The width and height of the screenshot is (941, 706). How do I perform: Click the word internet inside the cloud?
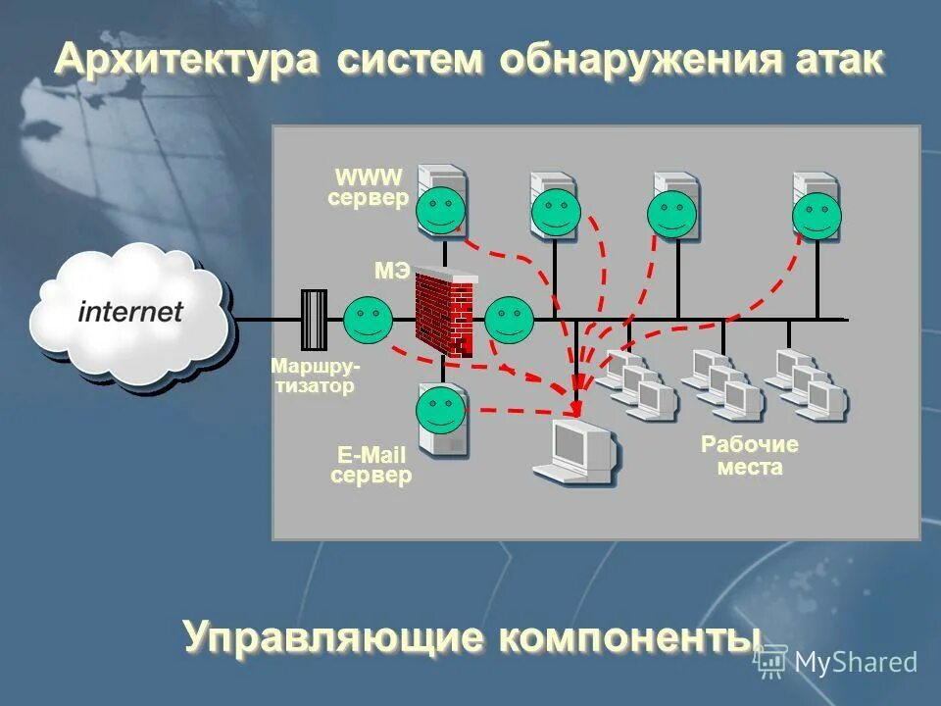point(130,313)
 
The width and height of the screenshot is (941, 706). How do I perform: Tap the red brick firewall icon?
point(443,312)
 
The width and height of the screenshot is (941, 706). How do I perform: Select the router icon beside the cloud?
point(314,320)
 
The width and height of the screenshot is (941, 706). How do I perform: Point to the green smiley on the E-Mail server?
point(440,411)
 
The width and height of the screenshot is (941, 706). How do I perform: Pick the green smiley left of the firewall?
point(368,319)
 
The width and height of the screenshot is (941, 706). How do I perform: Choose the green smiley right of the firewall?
point(509,319)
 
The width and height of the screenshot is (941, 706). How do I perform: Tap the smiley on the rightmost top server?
point(817,216)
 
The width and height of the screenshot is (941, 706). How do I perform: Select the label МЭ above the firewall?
point(392,271)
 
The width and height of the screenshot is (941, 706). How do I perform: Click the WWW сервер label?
point(368,188)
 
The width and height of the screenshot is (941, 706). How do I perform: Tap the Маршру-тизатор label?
point(314,376)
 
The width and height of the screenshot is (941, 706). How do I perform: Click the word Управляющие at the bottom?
point(333,638)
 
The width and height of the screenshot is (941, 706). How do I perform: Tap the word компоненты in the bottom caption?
point(629,638)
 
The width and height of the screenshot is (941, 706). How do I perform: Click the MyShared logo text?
point(855,663)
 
